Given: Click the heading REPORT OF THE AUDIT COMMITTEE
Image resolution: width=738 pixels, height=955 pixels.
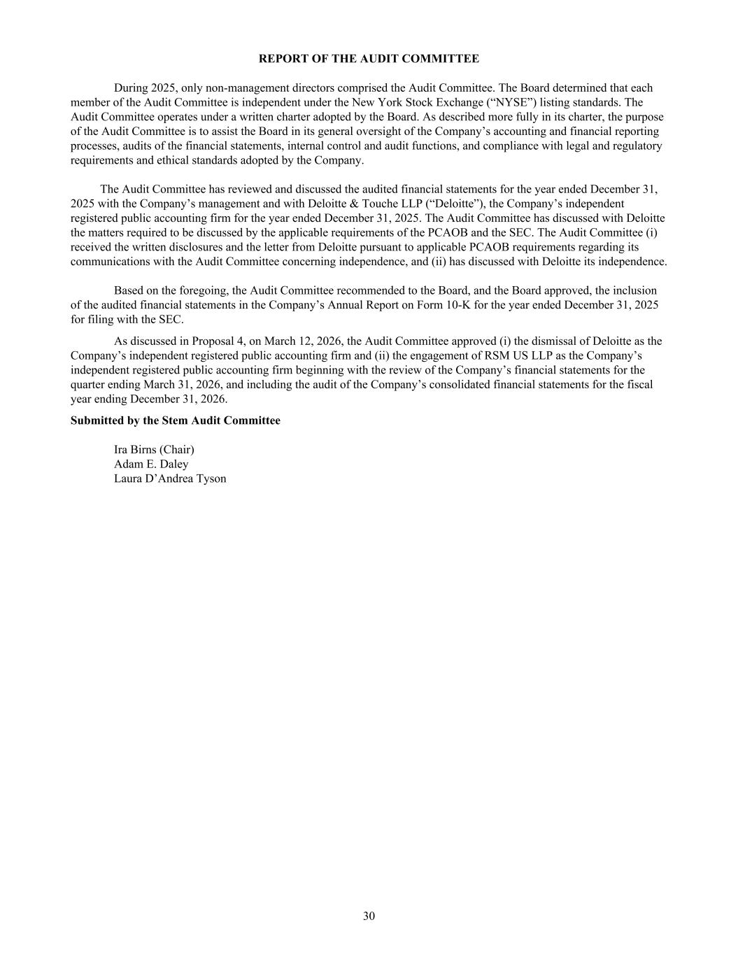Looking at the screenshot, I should pyautogui.click(x=369, y=59).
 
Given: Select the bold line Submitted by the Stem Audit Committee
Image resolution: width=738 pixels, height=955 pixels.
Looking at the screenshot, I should pyautogui.click(x=175, y=420).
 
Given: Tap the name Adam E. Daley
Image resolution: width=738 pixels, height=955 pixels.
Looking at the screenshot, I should pyautogui.click(x=151, y=464).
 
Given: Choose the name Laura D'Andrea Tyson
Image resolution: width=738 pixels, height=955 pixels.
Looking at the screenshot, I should pyautogui.click(x=170, y=479).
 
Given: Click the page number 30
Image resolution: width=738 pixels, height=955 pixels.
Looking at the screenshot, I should pyautogui.click(x=369, y=917).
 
